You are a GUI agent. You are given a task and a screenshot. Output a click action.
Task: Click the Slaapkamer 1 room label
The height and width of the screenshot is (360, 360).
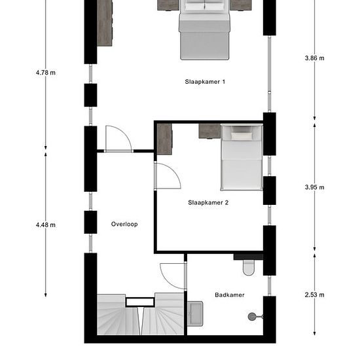(205, 82)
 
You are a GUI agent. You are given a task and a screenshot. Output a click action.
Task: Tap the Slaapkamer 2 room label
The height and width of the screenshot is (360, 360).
(208, 202)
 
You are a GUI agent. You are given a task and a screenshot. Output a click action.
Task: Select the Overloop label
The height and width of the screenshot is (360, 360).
(124, 224)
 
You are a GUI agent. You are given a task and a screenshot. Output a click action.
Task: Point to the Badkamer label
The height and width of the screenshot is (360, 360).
(230, 295)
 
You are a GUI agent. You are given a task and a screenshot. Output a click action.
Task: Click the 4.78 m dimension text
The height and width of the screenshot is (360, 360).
(46, 73)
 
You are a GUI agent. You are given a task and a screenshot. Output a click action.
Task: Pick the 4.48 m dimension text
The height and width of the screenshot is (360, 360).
(46, 225)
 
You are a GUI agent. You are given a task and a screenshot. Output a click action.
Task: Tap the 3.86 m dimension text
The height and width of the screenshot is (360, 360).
(315, 58)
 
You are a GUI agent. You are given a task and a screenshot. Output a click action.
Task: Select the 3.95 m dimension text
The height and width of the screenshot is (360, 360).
(315, 187)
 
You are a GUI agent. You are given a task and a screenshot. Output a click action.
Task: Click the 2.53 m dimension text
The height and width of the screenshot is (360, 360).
(315, 295)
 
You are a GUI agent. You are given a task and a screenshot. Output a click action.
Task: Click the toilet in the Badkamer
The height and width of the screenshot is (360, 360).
(249, 267)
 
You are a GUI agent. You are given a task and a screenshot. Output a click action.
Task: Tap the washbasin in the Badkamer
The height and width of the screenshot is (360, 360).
(195, 314)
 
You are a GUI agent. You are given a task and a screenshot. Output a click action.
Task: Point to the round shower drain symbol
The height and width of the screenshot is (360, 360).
(252, 317)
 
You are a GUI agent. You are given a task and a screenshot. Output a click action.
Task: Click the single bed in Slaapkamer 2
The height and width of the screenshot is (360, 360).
(242, 158)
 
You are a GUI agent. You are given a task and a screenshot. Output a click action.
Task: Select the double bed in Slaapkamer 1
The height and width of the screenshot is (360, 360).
(204, 30)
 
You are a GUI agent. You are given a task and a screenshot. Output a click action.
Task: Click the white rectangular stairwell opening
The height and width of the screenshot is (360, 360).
(140, 302)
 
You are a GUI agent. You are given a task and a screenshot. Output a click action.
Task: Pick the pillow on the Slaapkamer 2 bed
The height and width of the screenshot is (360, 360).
(242, 136)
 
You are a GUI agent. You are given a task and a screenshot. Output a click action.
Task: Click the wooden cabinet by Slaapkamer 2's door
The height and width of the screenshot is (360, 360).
(164, 139)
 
